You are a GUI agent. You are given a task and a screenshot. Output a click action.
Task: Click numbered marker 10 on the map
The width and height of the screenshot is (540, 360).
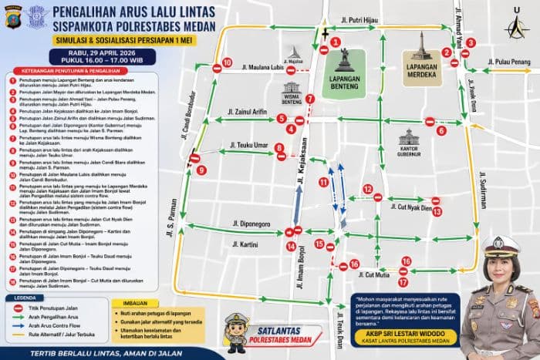[227, 62]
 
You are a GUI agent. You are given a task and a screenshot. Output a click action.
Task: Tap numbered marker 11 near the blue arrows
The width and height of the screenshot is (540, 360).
[323, 182]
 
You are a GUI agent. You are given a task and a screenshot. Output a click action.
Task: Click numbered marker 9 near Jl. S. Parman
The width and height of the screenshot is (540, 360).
[201, 170]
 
